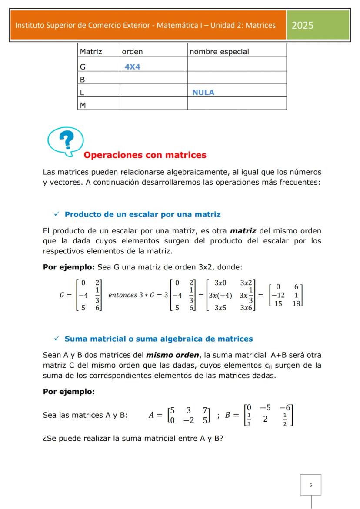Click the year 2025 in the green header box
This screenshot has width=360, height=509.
click(303, 25)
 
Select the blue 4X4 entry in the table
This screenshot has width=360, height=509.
click(132, 67)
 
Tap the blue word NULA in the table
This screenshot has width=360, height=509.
click(203, 93)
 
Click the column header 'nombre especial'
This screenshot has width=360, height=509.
click(219, 52)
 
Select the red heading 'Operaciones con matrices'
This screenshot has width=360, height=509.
click(144, 155)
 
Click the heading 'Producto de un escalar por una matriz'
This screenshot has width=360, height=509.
click(142, 214)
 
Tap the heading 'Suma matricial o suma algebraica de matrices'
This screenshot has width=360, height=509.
click(158, 339)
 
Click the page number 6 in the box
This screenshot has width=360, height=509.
click(310, 485)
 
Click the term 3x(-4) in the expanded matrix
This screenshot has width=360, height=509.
click(220, 296)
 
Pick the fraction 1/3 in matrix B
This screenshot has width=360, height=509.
click(249, 420)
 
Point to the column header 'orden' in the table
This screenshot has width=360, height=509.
click(132, 52)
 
